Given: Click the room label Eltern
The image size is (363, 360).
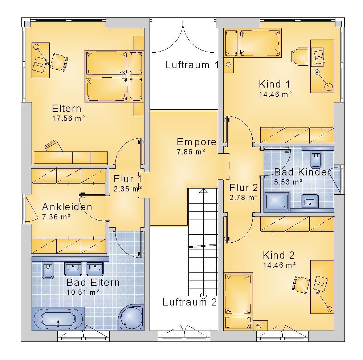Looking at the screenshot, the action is pos(67,108).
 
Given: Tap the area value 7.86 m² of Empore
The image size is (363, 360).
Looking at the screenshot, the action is pos(191,152).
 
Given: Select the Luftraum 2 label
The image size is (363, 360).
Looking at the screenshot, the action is pos(190,302).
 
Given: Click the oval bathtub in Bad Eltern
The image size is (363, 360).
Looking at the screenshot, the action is pos(58,319).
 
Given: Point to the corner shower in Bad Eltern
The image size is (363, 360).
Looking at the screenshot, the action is pos(131,317).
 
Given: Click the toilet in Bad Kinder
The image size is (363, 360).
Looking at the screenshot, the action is pos(316,159).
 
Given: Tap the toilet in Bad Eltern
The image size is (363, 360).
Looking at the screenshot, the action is pos(48,270).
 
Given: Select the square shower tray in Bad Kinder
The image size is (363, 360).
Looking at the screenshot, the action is pos(277,201).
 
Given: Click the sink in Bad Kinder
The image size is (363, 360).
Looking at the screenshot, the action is pos(310,201).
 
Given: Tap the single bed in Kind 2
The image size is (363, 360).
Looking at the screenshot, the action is pos(238,301).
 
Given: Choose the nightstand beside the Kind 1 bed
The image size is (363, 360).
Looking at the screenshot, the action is pos(228,65).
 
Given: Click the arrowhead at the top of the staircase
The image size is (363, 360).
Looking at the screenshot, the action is pos(203,191).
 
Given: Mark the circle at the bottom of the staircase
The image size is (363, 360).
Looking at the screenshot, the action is pos(203,296).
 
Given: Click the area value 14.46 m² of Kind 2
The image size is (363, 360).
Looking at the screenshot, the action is pos(280,265).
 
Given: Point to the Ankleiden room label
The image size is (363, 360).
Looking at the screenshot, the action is pos(67,207).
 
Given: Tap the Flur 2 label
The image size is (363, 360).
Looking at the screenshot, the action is pos(244,188).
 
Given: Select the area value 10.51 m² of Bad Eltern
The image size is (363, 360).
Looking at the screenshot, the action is pos(83,292).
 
